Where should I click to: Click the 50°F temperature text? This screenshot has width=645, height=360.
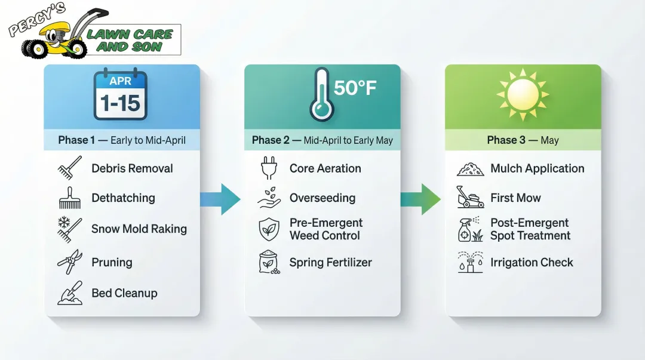click(x=355, y=88)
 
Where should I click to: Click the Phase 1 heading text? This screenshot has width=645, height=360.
click(x=122, y=141)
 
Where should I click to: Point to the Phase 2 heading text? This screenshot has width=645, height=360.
click(x=322, y=141)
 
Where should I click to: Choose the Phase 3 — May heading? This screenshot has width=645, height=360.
click(x=523, y=141)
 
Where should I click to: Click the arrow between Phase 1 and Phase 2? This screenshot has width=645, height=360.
click(x=222, y=199)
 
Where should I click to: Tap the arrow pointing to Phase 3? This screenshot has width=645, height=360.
click(x=422, y=199)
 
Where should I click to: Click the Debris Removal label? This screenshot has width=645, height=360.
click(x=132, y=168)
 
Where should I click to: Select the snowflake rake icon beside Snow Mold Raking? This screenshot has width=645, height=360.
click(x=69, y=229)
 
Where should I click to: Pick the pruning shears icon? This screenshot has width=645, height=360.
click(x=69, y=262)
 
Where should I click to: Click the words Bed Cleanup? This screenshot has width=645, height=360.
click(x=124, y=293)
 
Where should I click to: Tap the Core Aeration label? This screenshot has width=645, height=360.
click(x=325, y=168)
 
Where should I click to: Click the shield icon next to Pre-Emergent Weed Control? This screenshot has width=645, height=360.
click(x=269, y=229)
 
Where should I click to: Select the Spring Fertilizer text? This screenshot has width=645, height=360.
click(x=330, y=262)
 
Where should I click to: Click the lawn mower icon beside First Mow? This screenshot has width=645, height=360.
click(x=470, y=198)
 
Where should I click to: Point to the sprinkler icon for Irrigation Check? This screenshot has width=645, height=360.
click(x=470, y=262)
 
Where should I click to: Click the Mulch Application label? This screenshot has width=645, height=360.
click(x=537, y=168)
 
